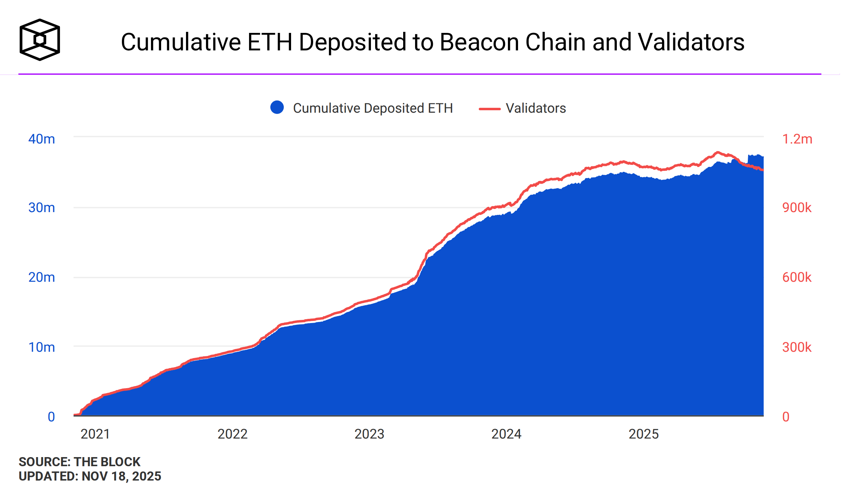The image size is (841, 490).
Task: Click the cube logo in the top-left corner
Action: (40, 40)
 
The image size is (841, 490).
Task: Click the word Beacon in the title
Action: (478, 42)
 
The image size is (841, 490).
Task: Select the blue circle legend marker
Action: (277, 107)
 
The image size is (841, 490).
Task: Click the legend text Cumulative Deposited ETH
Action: (373, 108)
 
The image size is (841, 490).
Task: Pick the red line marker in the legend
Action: (489, 109)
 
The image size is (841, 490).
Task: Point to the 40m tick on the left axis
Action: (41, 139)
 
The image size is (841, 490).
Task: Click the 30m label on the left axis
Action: (41, 208)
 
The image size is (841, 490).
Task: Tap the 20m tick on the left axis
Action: (41, 277)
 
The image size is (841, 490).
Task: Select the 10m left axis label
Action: (41, 347)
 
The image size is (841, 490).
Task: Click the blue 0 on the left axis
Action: (51, 416)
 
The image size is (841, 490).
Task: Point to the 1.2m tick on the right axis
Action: (797, 139)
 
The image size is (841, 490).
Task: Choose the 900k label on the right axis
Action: (797, 208)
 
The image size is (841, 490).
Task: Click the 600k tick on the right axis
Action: (797, 277)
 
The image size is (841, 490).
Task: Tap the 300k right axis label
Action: (797, 347)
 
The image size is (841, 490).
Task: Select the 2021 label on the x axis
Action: (95, 434)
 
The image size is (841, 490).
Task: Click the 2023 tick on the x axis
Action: (369, 434)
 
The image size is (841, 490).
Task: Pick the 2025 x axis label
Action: (643, 434)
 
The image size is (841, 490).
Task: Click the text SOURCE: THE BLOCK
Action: (80, 462)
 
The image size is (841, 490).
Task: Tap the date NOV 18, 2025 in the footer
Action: (121, 476)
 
